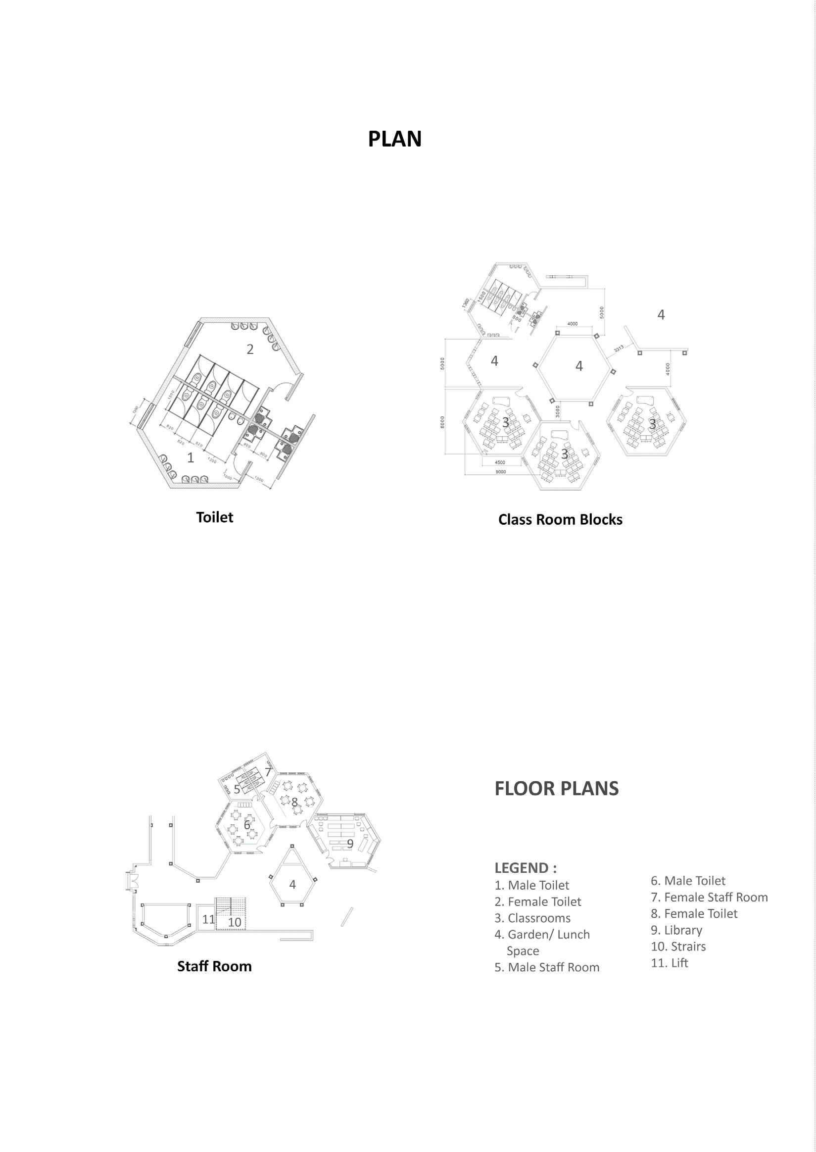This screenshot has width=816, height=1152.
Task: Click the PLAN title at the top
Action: [x=394, y=139]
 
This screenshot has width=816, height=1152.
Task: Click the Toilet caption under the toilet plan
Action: [x=215, y=517]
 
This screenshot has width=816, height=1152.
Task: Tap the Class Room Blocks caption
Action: [x=560, y=519]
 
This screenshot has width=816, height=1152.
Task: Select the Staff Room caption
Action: [x=214, y=966]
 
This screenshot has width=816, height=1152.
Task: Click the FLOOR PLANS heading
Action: [x=556, y=789]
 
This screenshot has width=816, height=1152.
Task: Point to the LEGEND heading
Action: [x=525, y=868]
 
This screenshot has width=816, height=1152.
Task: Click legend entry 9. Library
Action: [x=676, y=930]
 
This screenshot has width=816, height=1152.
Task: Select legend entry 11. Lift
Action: [x=670, y=962]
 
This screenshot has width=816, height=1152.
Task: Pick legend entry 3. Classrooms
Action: [x=532, y=918]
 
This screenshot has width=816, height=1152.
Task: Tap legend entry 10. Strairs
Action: [x=678, y=947]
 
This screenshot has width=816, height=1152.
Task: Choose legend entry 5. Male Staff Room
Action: [x=547, y=967]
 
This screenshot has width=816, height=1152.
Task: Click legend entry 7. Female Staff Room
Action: [x=709, y=897]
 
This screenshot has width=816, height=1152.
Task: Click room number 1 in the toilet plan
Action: [x=191, y=457]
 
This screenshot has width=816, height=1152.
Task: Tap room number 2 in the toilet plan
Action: [x=250, y=350]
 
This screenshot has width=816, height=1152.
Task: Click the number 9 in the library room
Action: [x=350, y=844]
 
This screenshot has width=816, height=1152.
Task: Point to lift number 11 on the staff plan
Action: [x=208, y=919]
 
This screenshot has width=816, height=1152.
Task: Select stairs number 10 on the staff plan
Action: [x=235, y=922]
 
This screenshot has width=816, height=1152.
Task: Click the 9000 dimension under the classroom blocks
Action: [x=500, y=472]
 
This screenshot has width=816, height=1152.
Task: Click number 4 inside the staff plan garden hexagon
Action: [x=292, y=884]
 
